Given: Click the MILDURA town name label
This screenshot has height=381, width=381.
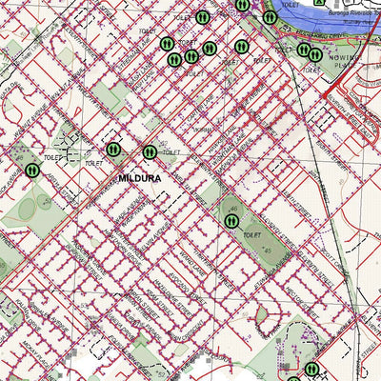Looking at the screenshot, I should tap(140, 178).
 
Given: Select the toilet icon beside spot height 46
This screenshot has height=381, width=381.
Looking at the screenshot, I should tap(231, 220).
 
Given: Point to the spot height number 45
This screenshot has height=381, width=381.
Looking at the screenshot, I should tap(269, 251).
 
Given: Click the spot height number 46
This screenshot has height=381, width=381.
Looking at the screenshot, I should tap(232, 208).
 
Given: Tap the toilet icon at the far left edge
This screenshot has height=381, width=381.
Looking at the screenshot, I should tap(32, 170).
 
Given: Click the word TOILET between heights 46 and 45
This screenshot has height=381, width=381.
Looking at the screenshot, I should tap(251, 233).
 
